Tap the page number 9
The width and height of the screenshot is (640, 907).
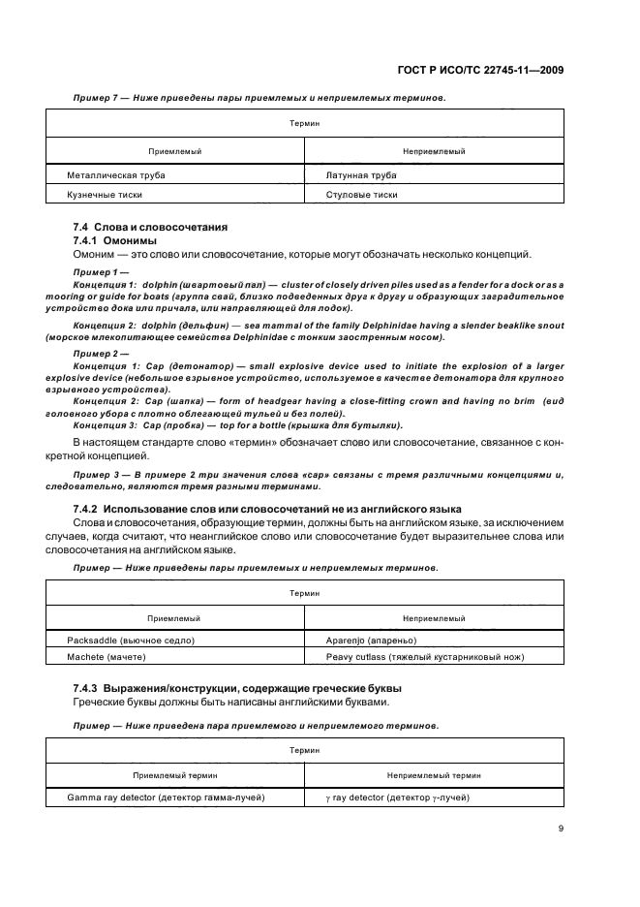pos(561,829)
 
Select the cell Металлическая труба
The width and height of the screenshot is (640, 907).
pos(116,175)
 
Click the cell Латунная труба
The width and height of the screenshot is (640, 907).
pos(362,175)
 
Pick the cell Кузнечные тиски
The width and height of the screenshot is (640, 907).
pos(105,194)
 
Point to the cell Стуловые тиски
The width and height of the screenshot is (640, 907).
pos(362,194)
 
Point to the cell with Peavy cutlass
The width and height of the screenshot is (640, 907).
pos(426,657)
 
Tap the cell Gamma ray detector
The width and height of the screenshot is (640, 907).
pos(167,798)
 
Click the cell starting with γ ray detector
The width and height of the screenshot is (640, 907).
pos(399,798)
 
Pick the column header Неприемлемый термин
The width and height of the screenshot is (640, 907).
pos(435,775)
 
